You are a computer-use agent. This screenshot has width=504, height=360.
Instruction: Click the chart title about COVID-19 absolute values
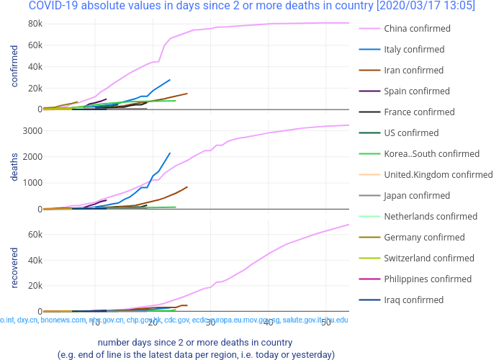coord(251,6)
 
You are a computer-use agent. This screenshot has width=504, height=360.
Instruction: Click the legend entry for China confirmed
coord(417,29)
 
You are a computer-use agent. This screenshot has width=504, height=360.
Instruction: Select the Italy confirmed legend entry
coord(414,50)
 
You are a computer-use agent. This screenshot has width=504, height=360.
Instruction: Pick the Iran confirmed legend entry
coord(414,71)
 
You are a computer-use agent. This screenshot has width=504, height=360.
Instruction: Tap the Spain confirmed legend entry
coord(417,91)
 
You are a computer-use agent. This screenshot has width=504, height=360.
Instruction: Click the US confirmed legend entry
coord(411,133)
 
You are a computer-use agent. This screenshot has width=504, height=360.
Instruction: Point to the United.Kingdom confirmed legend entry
coord(438,175)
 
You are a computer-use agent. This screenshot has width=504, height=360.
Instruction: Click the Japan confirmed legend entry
coord(417,196)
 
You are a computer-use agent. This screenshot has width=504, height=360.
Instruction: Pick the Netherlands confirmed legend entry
coord(431,217)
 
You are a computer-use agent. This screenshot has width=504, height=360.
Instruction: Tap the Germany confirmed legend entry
coord(425,238)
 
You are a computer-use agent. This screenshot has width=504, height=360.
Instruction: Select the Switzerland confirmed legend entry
coord(429,258)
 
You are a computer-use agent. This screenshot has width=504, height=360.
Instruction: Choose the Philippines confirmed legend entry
coord(428,279)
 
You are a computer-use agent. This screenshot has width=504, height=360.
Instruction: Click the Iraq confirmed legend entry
coord(414,300)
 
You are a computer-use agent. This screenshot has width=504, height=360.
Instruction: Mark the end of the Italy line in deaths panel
coord(170,153)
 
